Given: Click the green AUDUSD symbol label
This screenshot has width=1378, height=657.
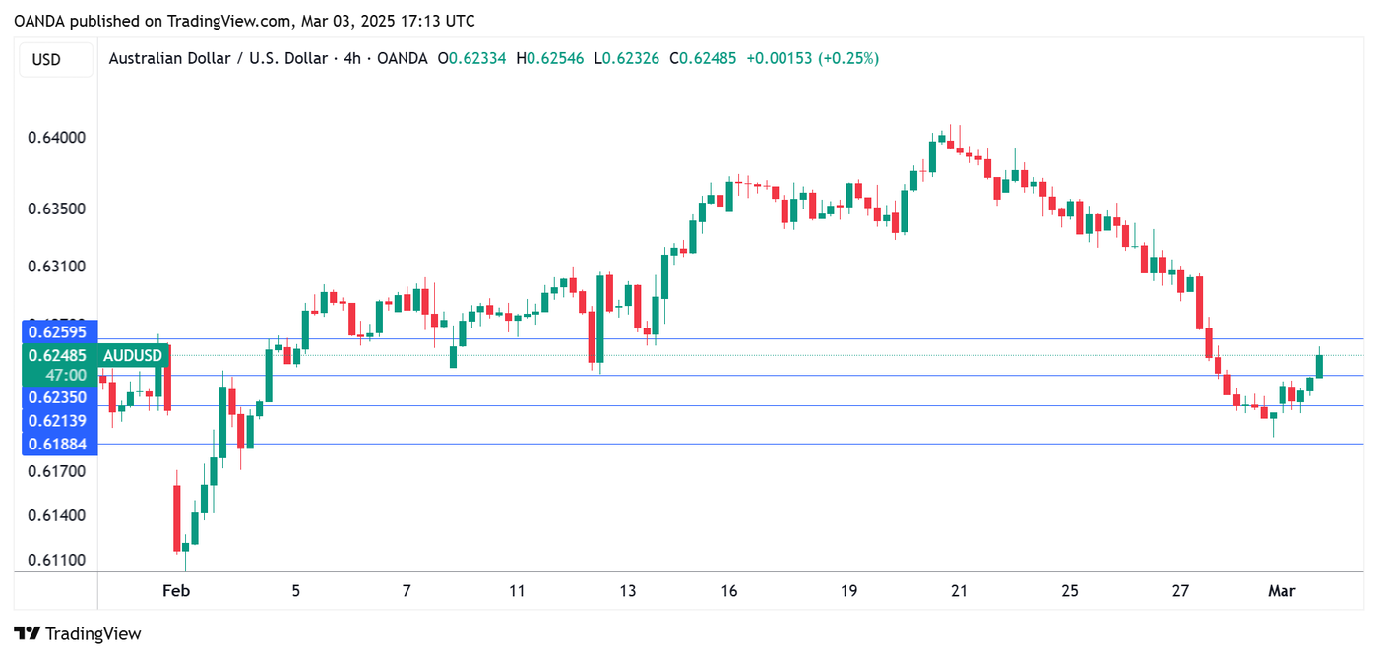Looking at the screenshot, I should point(133,355).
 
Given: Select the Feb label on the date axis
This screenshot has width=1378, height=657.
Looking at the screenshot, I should point(175,591).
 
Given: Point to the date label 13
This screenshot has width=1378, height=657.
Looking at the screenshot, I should point(628,591).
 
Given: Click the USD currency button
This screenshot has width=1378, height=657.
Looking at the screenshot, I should point(46,59).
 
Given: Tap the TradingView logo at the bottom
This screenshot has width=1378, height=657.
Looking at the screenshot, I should point(78,634).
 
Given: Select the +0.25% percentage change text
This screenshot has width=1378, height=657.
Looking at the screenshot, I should point(852,59).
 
